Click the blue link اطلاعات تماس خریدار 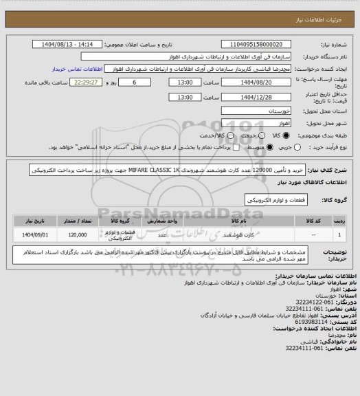pos(78,69)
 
